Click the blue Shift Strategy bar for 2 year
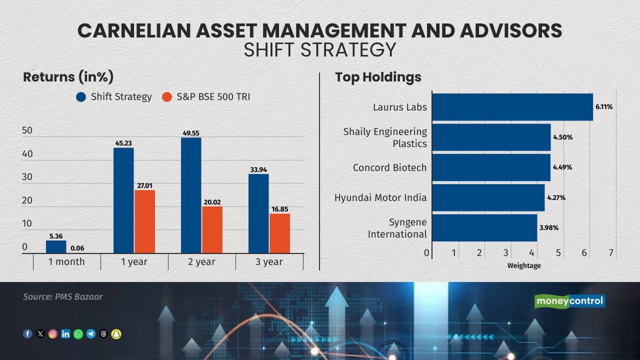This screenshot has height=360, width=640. pyautogui.click(x=191, y=195)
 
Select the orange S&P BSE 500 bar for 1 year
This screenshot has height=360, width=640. pyautogui.click(x=144, y=221)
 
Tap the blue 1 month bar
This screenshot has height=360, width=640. pyautogui.click(x=56, y=247)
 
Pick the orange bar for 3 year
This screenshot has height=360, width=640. pyautogui.click(x=279, y=233)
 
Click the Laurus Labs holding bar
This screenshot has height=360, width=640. pyautogui.click(x=512, y=107)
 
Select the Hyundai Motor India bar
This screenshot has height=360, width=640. pyautogui.click(x=488, y=197)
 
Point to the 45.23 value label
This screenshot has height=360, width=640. pyautogui.click(x=123, y=143)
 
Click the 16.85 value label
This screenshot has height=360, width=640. pyautogui.click(x=279, y=209)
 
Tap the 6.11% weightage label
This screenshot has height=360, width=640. pyautogui.click(x=604, y=107)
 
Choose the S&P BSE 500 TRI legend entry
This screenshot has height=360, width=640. pyautogui.click(x=206, y=97)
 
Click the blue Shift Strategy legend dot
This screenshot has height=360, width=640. pyautogui.click(x=81, y=97)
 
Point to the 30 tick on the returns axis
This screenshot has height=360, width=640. pyautogui.click(x=27, y=177)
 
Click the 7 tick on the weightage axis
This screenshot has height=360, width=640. pyautogui.click(x=611, y=253)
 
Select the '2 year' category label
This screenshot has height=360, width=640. pyautogui.click(x=201, y=261)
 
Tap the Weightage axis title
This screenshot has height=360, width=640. pyautogui.click(x=524, y=265)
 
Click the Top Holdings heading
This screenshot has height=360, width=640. pyautogui.click(x=378, y=77)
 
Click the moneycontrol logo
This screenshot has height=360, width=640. pyautogui.click(x=569, y=301)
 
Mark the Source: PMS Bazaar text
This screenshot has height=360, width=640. pyautogui.click(x=62, y=296)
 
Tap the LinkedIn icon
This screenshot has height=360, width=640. pyautogui.click(x=65, y=334)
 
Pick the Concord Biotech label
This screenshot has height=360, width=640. pyautogui.click(x=389, y=167)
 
